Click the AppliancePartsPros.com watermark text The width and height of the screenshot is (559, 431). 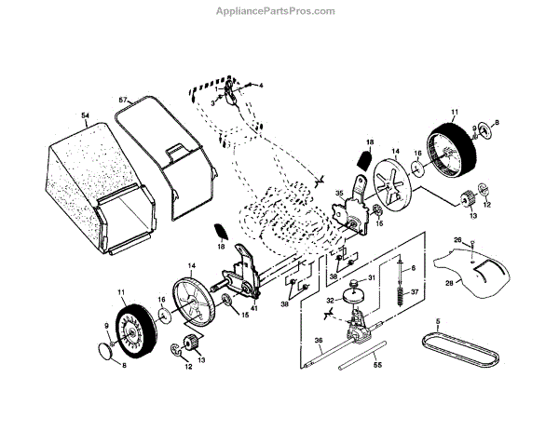click(279, 11)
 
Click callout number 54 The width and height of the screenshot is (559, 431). click(85, 116)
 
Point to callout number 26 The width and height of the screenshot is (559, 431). click(457, 241)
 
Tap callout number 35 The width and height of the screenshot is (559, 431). click(340, 194)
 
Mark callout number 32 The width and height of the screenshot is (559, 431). click(329, 300)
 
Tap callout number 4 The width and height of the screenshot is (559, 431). click(261, 86)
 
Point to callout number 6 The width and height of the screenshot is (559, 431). click(411, 267)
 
